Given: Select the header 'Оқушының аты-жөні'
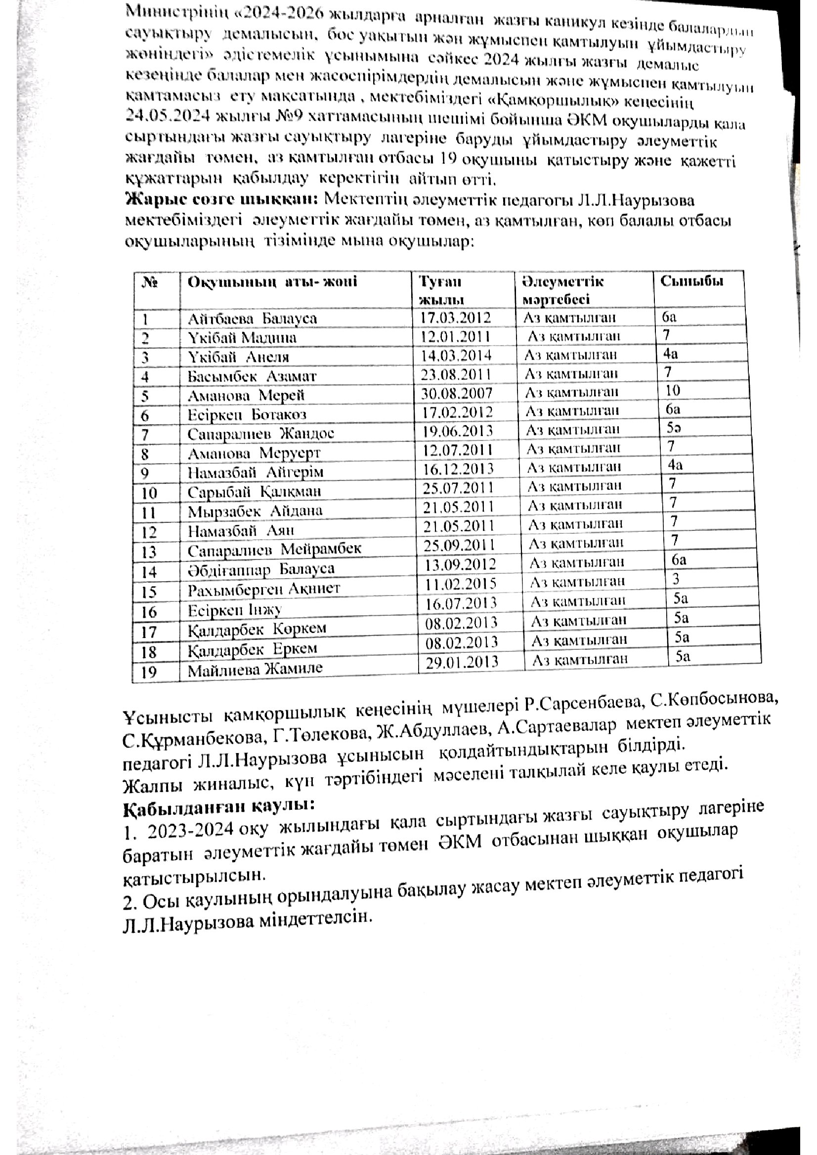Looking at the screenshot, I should (272, 281).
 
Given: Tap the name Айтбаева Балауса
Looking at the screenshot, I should (252, 319).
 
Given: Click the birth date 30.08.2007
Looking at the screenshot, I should (457, 393).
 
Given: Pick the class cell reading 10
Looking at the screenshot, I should (673, 390).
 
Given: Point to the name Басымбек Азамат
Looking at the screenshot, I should (252, 376).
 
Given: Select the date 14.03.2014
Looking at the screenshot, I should (456, 355).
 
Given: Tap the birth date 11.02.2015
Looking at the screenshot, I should (461, 583).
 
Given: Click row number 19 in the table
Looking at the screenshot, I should (149, 672).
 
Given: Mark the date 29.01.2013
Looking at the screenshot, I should (462, 662).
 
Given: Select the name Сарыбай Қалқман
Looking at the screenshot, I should (254, 491).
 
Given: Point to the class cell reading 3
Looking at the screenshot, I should (676, 579).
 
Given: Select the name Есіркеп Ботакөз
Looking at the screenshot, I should (247, 414).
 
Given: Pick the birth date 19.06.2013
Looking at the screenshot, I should (457, 431).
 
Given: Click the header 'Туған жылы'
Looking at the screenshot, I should (441, 290).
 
